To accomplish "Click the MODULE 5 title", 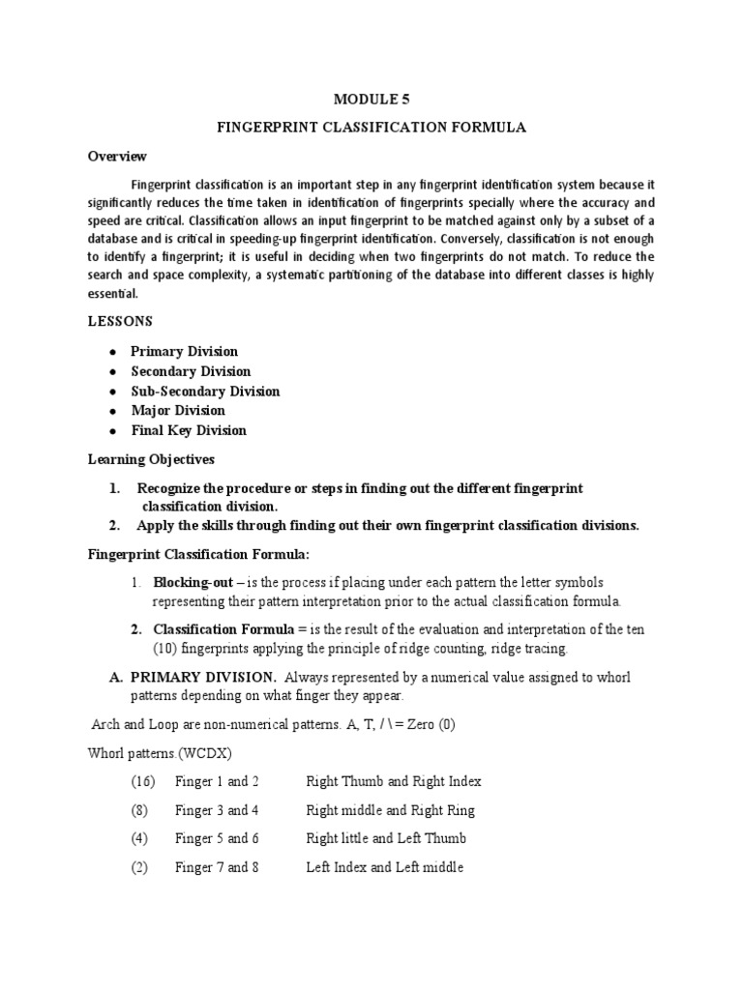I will pyautogui.click(x=371, y=98).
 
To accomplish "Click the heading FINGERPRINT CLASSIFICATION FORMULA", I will pyautogui.click(x=371, y=127).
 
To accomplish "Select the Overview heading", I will pyautogui.click(x=117, y=156).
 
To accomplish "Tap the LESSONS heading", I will pyautogui.click(x=121, y=321).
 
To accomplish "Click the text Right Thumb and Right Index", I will pyautogui.click(x=393, y=781).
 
